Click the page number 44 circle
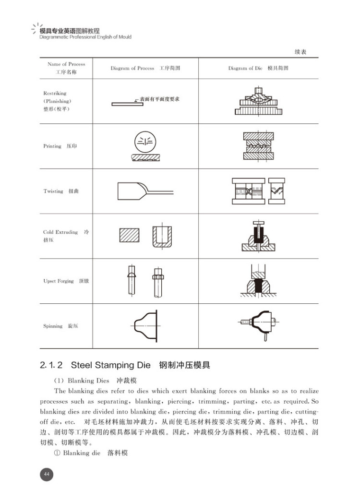click(47, 474)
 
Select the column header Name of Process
click(66, 68)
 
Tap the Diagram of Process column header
click(145, 68)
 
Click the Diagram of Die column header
click(258, 68)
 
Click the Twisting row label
click(61, 191)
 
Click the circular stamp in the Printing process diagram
click(145, 141)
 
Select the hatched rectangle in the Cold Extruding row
click(130, 235)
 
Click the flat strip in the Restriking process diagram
click(127, 104)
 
